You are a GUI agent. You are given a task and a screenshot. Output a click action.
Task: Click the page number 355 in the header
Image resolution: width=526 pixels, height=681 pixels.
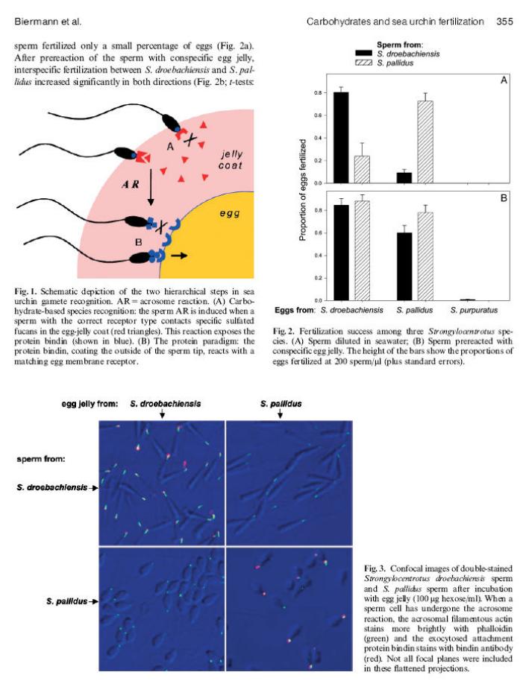click(x=504, y=22)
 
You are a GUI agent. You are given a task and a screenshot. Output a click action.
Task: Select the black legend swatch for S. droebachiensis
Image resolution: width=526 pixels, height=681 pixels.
click(x=363, y=53)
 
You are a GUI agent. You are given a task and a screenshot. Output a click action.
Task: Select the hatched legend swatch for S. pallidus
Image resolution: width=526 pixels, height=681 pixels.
click(x=363, y=63)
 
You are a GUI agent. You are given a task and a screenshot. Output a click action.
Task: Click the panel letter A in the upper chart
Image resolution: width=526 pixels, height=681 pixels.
click(x=504, y=80)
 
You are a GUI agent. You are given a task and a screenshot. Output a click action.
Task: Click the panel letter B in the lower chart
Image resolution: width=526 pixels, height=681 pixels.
click(x=504, y=198)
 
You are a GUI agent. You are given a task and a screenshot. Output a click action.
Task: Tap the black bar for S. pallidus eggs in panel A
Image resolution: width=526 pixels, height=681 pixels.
click(x=404, y=177)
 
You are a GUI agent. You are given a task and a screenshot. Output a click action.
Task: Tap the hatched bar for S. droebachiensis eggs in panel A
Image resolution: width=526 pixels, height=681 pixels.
click(x=362, y=169)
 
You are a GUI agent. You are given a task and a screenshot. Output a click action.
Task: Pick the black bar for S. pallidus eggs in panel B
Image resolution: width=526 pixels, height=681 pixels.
click(x=404, y=266)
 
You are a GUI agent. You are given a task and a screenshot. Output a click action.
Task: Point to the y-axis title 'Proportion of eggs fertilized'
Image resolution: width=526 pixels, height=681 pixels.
click(x=303, y=190)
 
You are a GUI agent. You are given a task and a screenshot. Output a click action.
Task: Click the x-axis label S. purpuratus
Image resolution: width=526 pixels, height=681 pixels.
click(x=474, y=310)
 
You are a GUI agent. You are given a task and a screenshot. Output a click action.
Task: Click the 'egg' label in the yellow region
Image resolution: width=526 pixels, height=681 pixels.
click(x=229, y=213)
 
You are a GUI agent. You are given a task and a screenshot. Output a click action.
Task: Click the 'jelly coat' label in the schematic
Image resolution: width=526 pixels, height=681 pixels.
click(x=231, y=159)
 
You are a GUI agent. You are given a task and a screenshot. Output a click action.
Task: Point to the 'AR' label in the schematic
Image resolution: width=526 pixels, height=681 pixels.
click(x=131, y=185)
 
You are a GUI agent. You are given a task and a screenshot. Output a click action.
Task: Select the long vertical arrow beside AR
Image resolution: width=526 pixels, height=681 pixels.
click(x=151, y=187)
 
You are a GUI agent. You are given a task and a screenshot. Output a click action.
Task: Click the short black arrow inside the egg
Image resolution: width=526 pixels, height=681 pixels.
click(x=179, y=256)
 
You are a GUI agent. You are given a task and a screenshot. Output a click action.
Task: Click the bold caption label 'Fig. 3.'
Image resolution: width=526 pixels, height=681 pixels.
click(x=375, y=568)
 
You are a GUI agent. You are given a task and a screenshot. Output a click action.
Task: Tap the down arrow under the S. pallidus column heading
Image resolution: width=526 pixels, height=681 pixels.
click(x=281, y=414)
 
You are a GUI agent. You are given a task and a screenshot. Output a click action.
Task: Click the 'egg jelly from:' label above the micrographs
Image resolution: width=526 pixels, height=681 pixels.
click(x=90, y=404)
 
